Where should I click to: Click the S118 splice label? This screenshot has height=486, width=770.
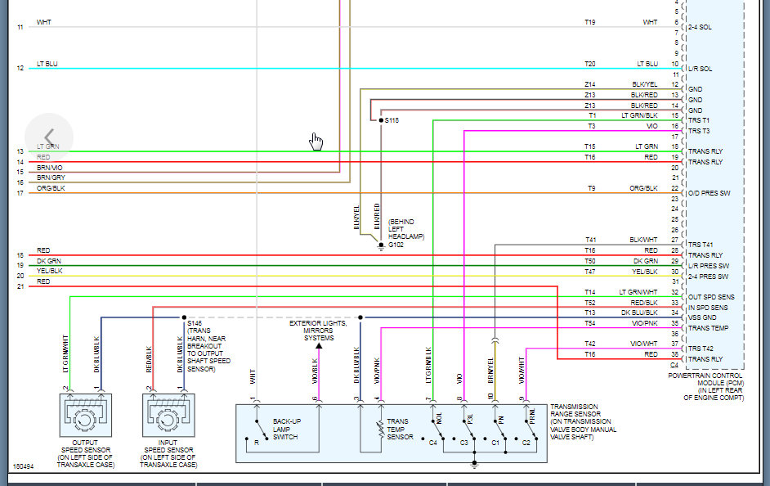click(x=392, y=120)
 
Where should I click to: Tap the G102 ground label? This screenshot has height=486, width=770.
click(x=396, y=244)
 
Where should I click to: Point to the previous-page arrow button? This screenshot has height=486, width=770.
click(x=49, y=137)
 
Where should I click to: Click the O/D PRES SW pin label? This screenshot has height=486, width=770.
click(x=710, y=193)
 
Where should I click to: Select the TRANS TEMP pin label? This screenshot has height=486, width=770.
click(x=707, y=328)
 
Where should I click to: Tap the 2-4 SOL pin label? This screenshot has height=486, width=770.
click(x=700, y=27)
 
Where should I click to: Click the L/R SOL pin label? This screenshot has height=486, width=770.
click(x=700, y=69)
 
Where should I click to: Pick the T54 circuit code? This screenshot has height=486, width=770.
click(x=589, y=323)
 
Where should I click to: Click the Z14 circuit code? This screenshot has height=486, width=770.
click(x=589, y=84)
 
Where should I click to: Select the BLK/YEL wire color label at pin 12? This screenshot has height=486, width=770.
click(x=644, y=84)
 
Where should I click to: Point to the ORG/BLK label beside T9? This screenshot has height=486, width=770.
click(x=643, y=188)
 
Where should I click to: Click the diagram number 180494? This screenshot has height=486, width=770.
click(x=24, y=467)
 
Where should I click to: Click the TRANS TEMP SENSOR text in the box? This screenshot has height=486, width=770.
click(x=400, y=430)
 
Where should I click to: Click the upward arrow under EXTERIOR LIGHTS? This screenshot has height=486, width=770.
click(x=319, y=346)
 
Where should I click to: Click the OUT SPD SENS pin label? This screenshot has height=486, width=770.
click(x=711, y=297)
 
